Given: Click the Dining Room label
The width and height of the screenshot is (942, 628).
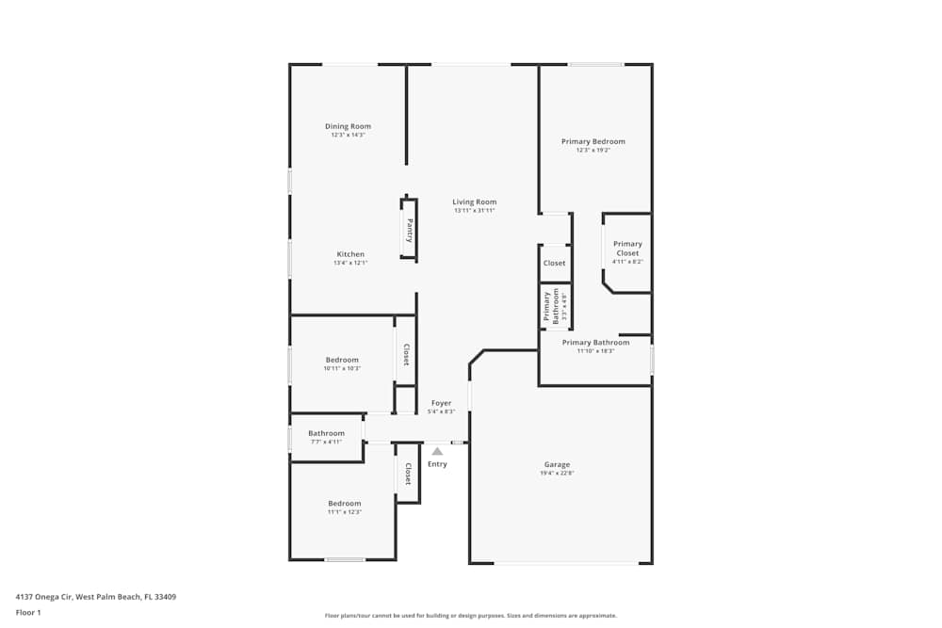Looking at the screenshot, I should [348, 126].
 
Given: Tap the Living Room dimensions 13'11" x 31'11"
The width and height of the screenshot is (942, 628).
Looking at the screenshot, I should [474, 211].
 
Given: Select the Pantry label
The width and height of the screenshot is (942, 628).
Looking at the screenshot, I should [409, 230].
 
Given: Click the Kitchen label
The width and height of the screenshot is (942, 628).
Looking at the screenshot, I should [350, 254].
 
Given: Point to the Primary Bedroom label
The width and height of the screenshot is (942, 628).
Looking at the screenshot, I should [593, 141].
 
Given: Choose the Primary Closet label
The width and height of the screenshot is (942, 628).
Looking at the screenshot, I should [627, 249].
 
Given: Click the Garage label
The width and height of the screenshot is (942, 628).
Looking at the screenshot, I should [557, 464].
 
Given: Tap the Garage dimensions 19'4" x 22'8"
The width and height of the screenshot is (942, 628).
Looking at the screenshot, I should [557, 474].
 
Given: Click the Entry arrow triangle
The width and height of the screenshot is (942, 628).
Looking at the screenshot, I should [437, 452].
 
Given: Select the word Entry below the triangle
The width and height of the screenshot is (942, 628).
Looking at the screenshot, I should [437, 464].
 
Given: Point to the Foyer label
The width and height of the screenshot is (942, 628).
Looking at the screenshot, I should [441, 403].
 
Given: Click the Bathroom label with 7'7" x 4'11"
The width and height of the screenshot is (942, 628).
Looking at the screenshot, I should [326, 433].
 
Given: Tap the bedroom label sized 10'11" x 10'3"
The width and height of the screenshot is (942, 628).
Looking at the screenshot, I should [342, 360].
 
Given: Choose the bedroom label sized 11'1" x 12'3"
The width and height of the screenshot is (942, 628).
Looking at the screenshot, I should [344, 503].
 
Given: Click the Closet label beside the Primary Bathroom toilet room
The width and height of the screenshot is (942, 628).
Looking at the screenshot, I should [555, 264].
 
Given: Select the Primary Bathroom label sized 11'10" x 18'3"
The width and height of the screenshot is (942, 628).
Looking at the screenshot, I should [595, 343].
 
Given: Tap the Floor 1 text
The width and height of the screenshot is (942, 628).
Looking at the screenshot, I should [28, 612].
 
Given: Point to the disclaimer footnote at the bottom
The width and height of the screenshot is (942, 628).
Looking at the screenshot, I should [471, 616].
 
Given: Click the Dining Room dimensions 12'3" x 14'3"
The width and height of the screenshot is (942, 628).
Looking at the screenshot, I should [348, 136].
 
